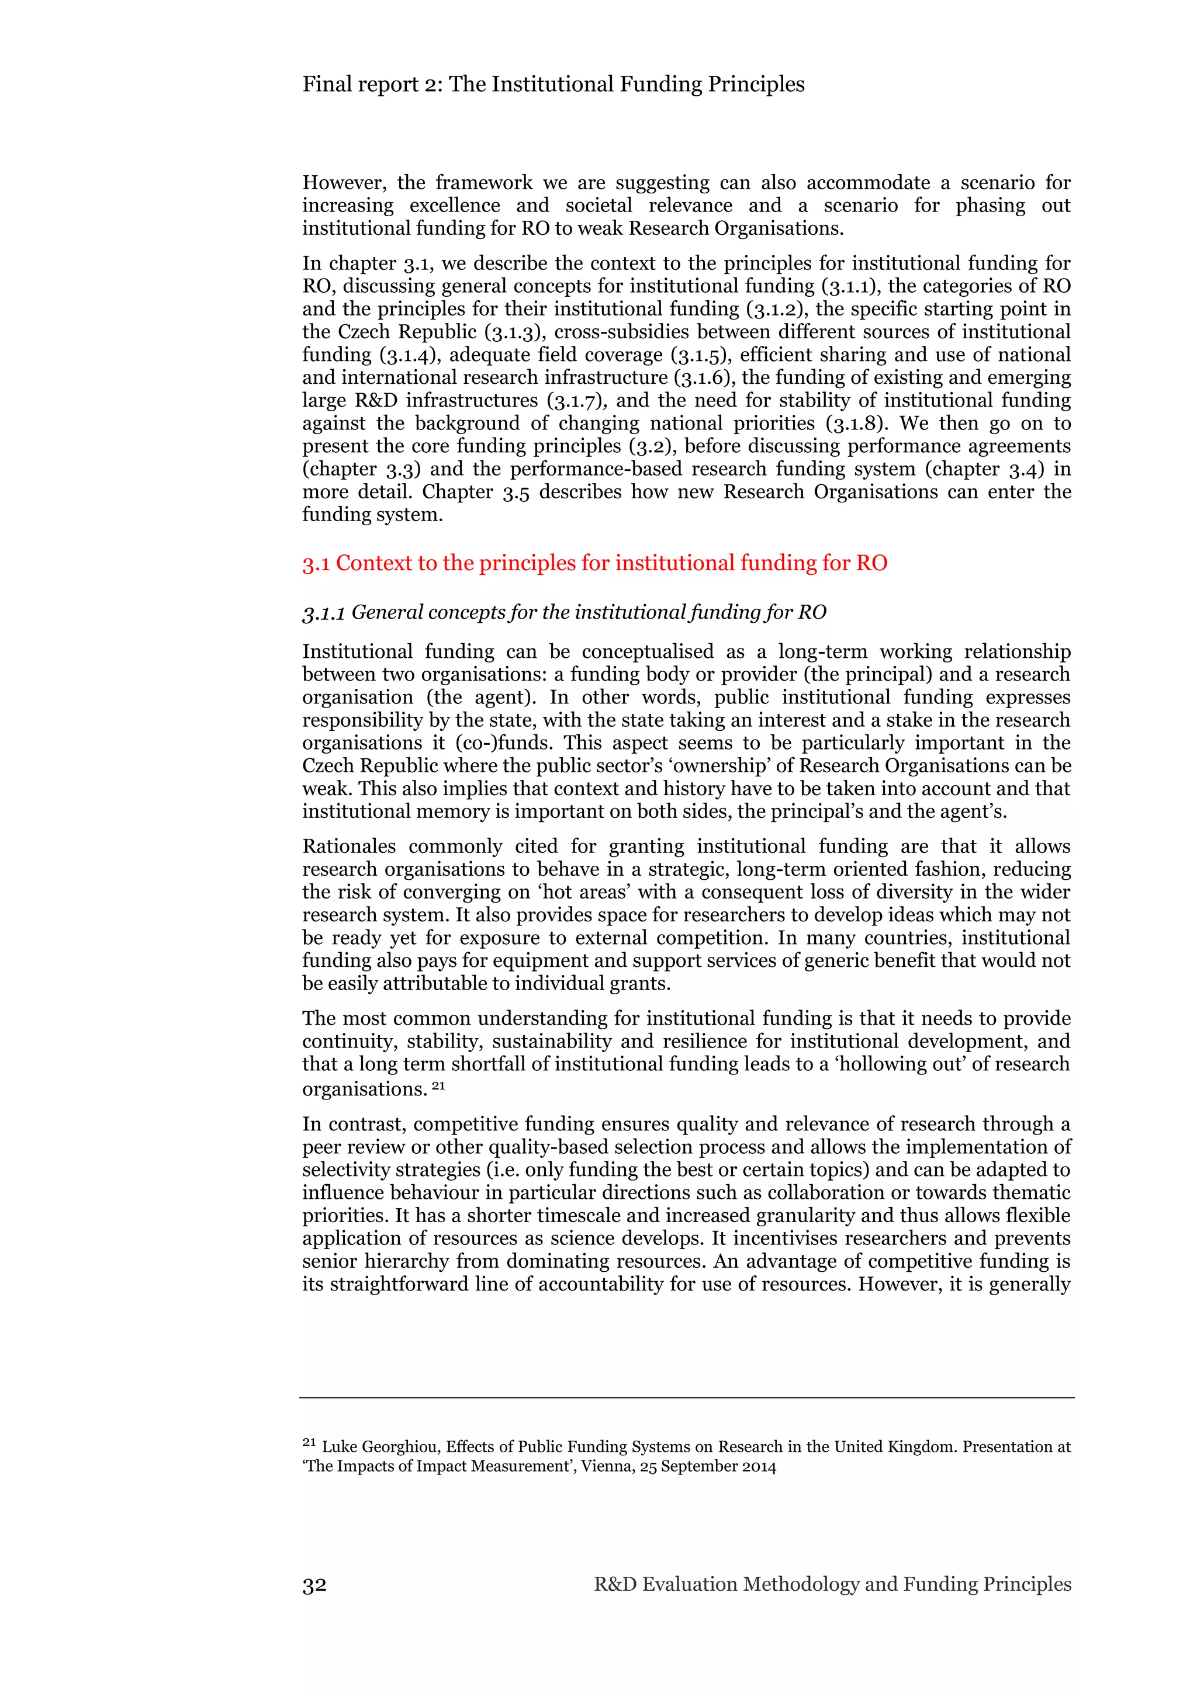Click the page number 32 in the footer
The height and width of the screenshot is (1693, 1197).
[x=314, y=1584]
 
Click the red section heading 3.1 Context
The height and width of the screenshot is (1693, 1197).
[x=594, y=563]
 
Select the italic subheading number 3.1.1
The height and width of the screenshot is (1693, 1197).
[x=323, y=613]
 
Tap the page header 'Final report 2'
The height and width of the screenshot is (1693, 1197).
[x=553, y=84]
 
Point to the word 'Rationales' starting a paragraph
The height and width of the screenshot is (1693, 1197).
[x=349, y=846]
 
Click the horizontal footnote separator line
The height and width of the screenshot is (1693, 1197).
[x=686, y=1397]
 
